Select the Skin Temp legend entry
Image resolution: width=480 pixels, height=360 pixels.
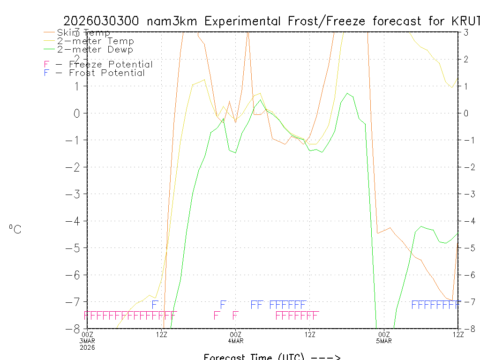(83, 33)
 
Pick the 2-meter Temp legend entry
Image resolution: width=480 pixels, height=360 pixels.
(95, 41)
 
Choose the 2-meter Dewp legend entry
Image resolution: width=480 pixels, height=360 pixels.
(95, 49)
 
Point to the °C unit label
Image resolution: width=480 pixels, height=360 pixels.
(15, 229)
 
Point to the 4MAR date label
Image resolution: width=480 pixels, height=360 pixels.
(236, 340)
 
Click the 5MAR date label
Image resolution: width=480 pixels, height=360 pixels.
(384, 340)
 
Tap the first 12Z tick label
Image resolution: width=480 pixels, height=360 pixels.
(162, 334)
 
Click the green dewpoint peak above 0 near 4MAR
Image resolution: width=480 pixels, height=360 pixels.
(260, 100)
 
